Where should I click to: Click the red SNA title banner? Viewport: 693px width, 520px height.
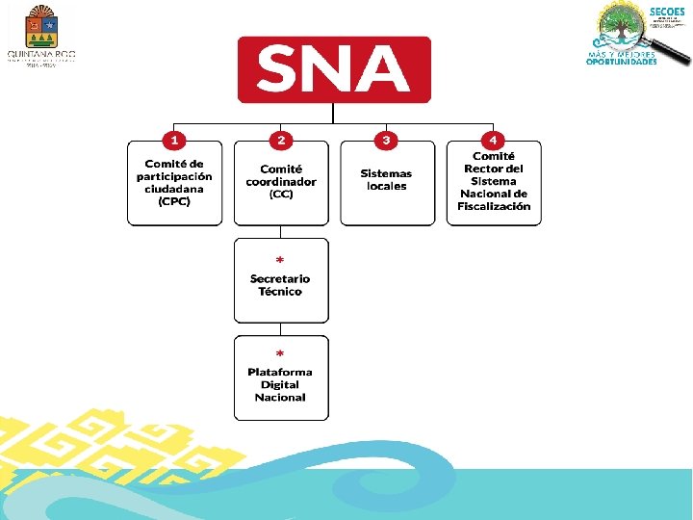334,69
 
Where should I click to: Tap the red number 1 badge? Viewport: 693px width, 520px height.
174,141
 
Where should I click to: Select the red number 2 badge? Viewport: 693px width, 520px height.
280,141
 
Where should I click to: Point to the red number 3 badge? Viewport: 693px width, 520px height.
386,141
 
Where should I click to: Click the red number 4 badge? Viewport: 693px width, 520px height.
493,141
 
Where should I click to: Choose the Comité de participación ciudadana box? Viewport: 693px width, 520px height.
174,184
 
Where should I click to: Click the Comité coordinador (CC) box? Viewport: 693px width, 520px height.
281,184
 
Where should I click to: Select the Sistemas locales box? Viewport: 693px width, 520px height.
387,184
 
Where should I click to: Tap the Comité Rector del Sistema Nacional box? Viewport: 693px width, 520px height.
494,184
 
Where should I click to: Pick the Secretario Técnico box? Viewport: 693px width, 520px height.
281,281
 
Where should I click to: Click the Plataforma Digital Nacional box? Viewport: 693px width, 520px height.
281,378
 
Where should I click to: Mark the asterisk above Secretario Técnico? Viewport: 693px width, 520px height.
280,261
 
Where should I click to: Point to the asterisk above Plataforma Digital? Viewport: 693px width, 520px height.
280,354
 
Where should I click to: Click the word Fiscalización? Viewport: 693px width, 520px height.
494,206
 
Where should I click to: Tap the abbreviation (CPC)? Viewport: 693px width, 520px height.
174,202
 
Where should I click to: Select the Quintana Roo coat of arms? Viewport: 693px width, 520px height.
40,26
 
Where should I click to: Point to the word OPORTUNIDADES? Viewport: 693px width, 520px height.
622,63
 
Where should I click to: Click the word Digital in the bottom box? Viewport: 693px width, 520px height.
280,384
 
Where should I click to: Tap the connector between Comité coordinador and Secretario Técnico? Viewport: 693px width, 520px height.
280,232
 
